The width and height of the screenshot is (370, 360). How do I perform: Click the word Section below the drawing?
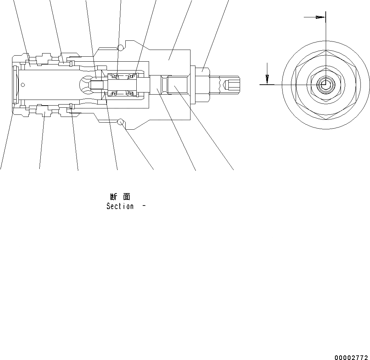click(x=120, y=206)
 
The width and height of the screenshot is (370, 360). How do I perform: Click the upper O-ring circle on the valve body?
click(x=121, y=47)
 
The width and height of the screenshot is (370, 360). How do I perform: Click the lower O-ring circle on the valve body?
click(x=121, y=122)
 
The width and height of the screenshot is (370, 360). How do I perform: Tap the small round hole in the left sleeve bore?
click(x=23, y=84)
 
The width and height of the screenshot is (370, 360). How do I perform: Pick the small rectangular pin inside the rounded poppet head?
click(x=96, y=85)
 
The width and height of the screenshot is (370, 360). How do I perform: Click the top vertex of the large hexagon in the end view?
click(x=325, y=51)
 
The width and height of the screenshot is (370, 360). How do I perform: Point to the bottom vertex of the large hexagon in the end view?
click(x=325, y=119)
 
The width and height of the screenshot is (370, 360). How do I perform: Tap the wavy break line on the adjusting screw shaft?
click(x=222, y=84)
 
